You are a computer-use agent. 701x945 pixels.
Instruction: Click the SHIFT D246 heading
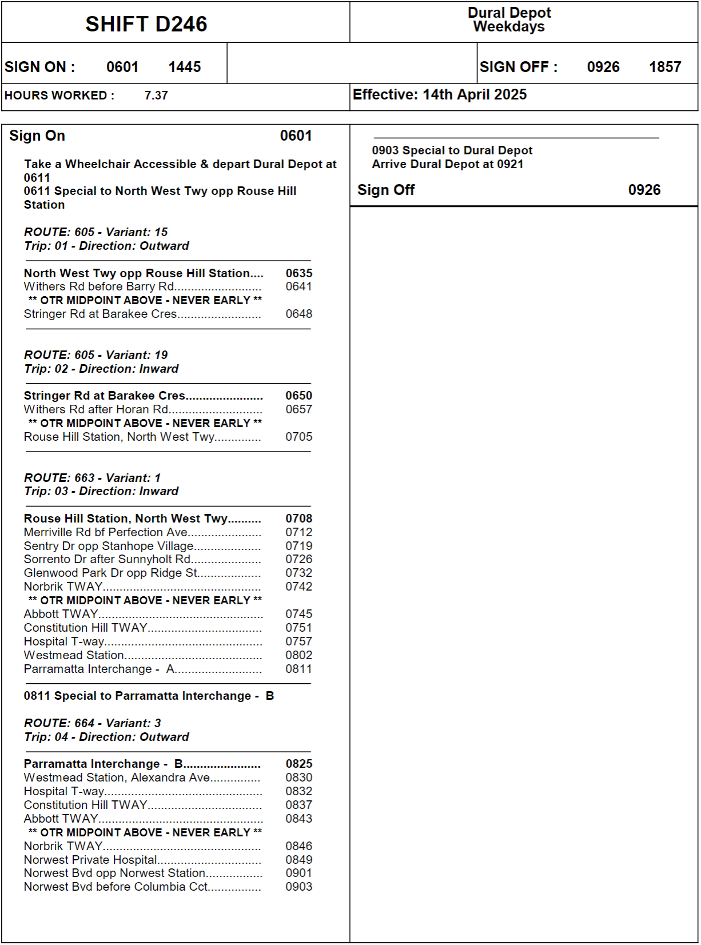[146, 24]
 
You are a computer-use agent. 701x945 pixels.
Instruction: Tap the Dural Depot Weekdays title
[509, 20]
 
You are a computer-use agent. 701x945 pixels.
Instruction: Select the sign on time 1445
[184, 67]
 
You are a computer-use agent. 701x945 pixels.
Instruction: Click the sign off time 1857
[664, 67]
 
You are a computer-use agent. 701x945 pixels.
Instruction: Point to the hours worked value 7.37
[156, 95]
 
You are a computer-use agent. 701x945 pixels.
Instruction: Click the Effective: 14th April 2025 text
[439, 95]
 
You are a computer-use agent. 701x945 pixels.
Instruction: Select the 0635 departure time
[298, 273]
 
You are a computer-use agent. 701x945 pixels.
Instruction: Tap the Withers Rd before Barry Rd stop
[99, 286]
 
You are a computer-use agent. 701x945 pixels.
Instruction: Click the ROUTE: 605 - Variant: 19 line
[95, 355]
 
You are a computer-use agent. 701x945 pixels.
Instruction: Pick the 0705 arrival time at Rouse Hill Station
[298, 437]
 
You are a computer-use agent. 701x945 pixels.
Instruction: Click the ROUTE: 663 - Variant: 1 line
[92, 478]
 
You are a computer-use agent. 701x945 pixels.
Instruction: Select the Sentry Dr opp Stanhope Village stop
[109, 546]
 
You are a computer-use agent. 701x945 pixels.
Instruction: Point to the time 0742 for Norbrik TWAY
[298, 587]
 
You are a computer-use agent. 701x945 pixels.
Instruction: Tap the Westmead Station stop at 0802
[74, 655]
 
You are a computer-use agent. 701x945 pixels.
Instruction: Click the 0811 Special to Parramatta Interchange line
[149, 696]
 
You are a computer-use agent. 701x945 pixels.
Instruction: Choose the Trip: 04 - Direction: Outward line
[106, 737]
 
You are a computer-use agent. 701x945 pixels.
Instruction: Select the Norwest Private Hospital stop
[90, 860]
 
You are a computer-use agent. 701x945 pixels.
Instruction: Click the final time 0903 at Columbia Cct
[298, 887]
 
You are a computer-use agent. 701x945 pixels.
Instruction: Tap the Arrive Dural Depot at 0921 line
[447, 164]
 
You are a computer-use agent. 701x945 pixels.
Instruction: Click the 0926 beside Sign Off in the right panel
[644, 190]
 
